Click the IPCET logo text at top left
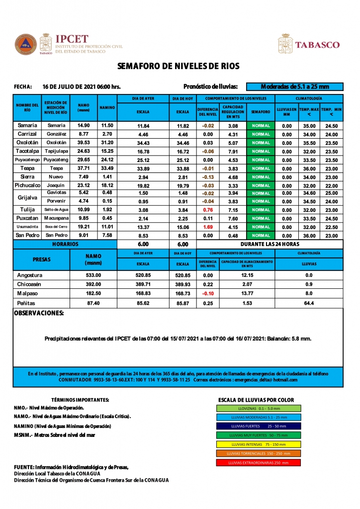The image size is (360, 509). (72, 39)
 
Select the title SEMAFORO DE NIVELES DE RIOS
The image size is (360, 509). (178, 66)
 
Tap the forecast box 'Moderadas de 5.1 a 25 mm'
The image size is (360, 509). (294, 86)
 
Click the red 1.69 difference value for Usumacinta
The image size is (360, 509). (208, 227)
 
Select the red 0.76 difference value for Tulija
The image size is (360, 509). (208, 210)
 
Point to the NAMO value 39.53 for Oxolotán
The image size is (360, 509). (84, 143)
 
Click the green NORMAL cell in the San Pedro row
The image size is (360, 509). (261, 235)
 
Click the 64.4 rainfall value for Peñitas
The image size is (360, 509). (308, 303)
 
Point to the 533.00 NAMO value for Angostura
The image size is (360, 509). (93, 275)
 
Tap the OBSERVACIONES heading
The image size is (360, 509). (39, 314)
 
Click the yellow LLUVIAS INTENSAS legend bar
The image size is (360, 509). (259, 444)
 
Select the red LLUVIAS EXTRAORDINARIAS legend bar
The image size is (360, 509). (259, 462)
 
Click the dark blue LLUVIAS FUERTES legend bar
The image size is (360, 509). (259, 426)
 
